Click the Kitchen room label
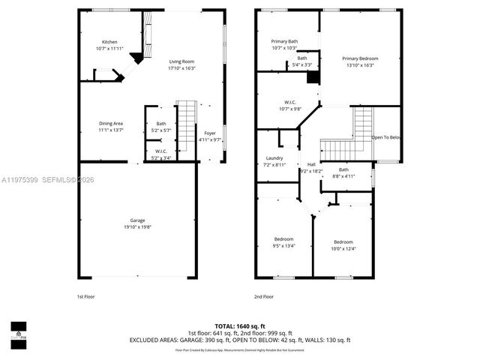click(x=110, y=42)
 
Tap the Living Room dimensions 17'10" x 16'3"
click(x=181, y=68)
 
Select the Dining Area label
click(x=110, y=123)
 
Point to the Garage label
click(x=136, y=220)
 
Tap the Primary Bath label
click(x=284, y=42)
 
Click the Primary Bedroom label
click(x=360, y=58)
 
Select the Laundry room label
click(x=274, y=158)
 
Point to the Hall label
click(x=310, y=164)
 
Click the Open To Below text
click(x=387, y=138)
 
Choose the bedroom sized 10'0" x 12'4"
click(x=343, y=241)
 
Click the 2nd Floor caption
click(x=263, y=296)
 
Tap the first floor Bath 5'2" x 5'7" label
click(x=161, y=124)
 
